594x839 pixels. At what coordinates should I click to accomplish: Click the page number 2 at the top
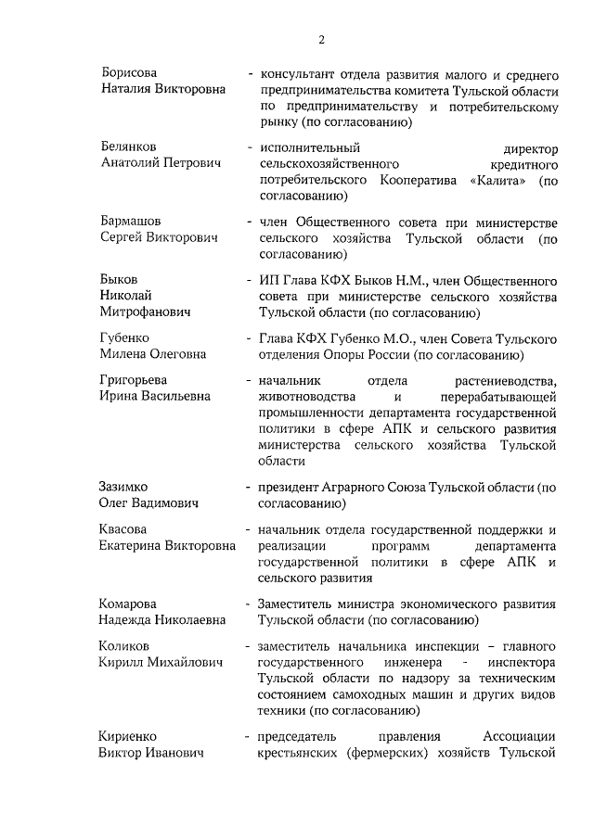pos(321,39)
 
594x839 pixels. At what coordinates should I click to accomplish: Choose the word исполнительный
pos(310,146)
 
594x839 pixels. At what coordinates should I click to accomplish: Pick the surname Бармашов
pos(130,221)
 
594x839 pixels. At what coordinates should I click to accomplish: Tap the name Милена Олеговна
pos(153,354)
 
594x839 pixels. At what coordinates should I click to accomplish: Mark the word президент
pos(291,487)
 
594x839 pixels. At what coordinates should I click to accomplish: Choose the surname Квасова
pos(123,529)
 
